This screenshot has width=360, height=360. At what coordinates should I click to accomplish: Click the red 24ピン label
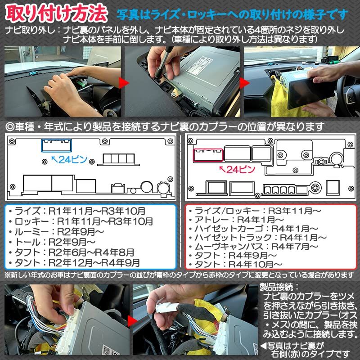(x=236, y=169)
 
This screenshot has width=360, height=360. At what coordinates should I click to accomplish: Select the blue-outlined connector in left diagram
(x=56, y=145)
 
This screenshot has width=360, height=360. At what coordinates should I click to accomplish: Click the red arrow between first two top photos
(x=122, y=82)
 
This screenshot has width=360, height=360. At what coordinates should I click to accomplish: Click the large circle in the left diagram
(x=146, y=186)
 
